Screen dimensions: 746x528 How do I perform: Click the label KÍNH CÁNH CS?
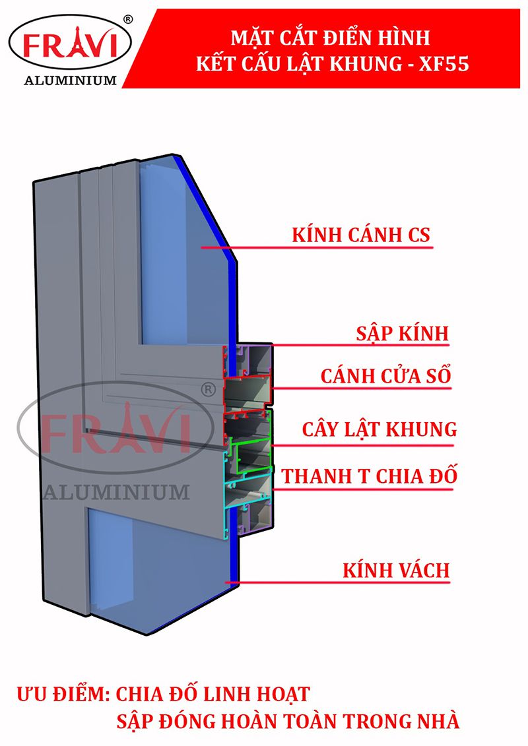360,235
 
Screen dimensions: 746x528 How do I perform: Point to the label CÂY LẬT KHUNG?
379,429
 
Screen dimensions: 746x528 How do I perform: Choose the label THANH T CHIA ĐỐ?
369,476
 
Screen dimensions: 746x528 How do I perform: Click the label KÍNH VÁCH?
395,570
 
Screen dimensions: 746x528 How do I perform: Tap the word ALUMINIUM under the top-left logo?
70,80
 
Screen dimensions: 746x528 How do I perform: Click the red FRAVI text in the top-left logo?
69,46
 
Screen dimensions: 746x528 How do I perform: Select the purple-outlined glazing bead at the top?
257,359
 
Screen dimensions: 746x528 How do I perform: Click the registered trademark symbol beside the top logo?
127,19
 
